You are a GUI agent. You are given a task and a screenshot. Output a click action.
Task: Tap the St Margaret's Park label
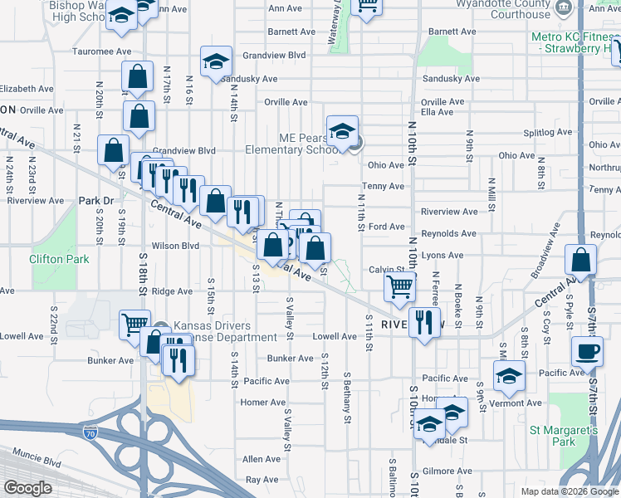[564, 437]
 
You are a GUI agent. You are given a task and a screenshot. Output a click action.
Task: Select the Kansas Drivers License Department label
[224, 331]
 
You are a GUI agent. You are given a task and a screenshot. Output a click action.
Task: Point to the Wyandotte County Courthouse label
[515, 8]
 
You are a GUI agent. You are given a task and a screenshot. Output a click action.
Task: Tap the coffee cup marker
[587, 351]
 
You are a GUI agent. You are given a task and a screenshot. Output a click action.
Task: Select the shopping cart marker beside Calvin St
[400, 288]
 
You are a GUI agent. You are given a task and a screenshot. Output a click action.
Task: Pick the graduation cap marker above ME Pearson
[342, 132]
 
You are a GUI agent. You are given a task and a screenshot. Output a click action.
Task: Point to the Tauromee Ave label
[101, 51]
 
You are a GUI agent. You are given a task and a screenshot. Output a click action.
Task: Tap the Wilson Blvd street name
[175, 246]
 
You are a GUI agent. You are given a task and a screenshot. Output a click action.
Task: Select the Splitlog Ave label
[547, 132]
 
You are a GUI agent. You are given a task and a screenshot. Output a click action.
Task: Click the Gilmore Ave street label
[450, 471]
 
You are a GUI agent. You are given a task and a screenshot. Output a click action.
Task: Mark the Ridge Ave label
[172, 291]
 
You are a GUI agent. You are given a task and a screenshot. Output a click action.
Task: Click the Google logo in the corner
[27, 488]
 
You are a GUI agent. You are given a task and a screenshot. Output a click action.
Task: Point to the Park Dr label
[95, 201]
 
